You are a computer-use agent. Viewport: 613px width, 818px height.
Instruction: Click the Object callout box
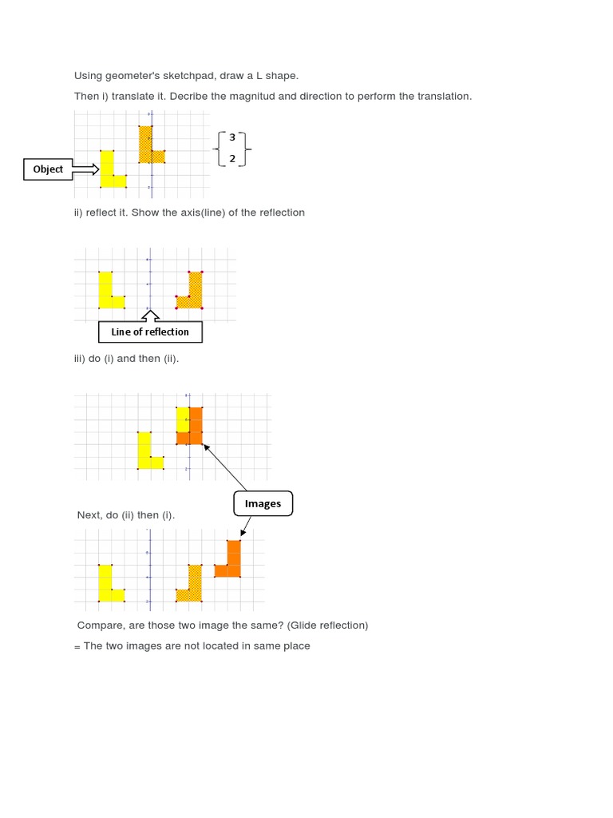point(48,169)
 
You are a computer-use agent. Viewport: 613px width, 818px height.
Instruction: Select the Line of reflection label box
point(150,332)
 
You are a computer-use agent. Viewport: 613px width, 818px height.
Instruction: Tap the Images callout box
point(263,503)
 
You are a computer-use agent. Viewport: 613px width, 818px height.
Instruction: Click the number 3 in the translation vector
point(232,137)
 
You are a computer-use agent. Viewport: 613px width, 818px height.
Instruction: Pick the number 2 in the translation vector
point(232,158)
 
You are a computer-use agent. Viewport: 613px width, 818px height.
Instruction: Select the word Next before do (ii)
point(89,515)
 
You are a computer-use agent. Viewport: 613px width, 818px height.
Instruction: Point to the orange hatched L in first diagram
point(147,147)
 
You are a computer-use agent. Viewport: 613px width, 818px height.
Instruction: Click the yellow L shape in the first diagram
point(109,171)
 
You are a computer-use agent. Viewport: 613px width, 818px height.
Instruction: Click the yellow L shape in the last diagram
point(108,585)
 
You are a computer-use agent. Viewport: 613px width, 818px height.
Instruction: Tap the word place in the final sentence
point(296,645)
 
